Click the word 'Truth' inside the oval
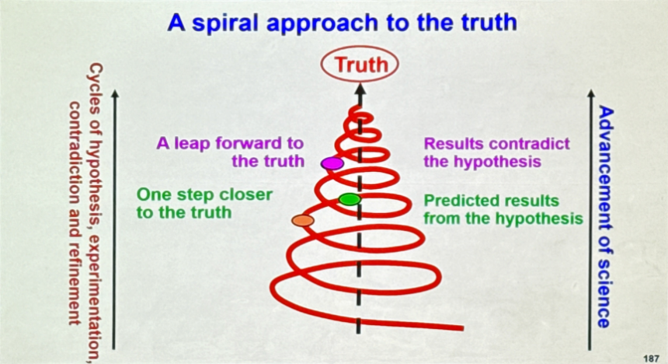(361, 65)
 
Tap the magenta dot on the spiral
(332, 163)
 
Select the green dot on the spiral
(350, 199)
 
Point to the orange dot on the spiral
(303, 221)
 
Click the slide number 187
(651, 359)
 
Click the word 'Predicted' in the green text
(458, 201)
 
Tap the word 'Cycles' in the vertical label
(95, 89)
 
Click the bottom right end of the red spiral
(462, 328)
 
